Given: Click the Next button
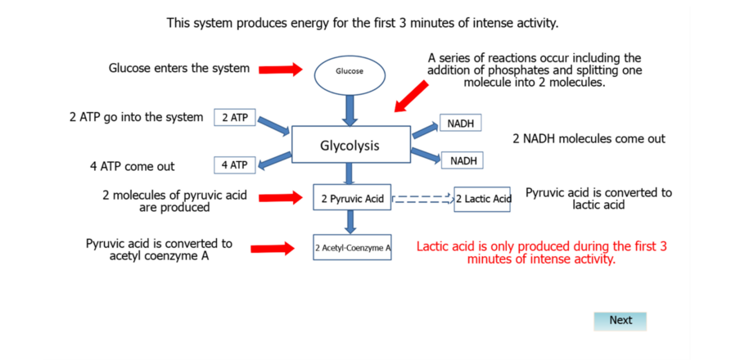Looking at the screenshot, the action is coord(620,321).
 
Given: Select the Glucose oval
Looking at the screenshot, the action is coord(350,72).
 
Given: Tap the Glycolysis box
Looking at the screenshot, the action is coord(350,144).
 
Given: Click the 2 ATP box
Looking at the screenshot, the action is coord(235,118).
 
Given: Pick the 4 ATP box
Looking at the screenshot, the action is coord(235,164).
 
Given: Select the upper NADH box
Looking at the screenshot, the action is coord(461,123).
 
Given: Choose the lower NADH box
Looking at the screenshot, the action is coord(462,160).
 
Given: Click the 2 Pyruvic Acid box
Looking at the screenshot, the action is coord(352,197).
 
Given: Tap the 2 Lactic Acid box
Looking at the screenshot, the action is coord(482,199).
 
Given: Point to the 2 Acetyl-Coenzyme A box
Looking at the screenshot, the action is coord(352,247).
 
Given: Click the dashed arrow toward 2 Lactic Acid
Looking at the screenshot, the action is coord(422,199).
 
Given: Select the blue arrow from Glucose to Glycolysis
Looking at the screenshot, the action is coord(350,110).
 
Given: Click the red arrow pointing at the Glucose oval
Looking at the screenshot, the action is coord(280,70).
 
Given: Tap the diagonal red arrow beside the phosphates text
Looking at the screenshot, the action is coord(412,97).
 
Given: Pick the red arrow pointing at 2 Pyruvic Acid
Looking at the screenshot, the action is coord(280,198).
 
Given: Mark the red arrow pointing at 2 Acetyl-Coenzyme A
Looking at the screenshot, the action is coord(273,249).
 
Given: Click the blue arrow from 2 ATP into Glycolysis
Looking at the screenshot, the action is coord(273,124).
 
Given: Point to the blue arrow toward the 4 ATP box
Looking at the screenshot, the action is coord(274,160).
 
